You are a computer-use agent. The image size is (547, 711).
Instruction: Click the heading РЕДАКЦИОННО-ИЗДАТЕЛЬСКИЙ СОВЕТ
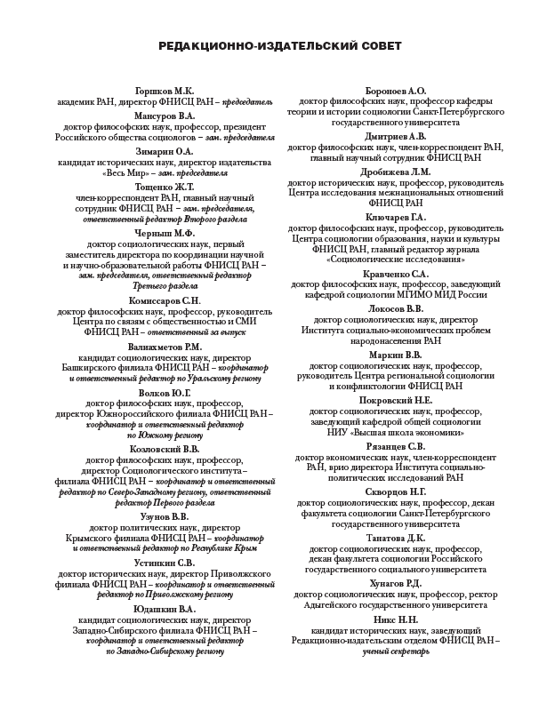pyautogui.click(x=273, y=44)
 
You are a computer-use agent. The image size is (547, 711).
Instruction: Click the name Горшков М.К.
pyautogui.click(x=163, y=91)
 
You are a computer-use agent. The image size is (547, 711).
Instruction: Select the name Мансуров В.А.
pyautogui.click(x=163, y=116)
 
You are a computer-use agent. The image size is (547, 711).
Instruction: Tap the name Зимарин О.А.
pyautogui.click(x=163, y=151)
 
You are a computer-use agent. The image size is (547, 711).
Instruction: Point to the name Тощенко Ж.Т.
pyautogui.click(x=163, y=187)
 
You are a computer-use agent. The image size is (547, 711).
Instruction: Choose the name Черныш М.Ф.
pyautogui.click(x=163, y=233)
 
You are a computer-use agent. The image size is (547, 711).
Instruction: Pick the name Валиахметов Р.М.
pyautogui.click(x=163, y=346)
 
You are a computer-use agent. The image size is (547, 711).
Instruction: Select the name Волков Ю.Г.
pyautogui.click(x=163, y=392)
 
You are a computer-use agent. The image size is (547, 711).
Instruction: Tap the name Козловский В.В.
pyautogui.click(x=163, y=449)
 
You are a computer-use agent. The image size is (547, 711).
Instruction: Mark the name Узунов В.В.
pyautogui.click(x=163, y=516)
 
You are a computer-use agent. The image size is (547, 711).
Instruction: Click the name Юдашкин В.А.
pyautogui.click(x=163, y=609)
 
